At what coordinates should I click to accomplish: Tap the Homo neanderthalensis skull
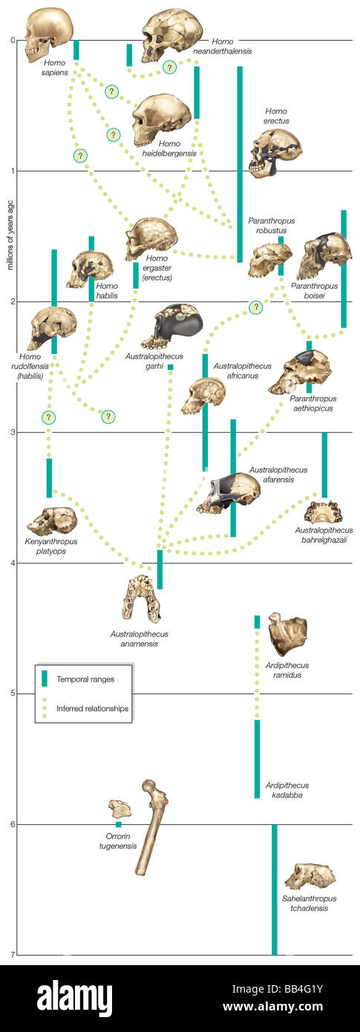171,34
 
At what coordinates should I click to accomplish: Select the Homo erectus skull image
275,152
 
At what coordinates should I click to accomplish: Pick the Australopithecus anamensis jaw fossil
141,598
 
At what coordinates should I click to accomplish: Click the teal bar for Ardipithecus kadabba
257,758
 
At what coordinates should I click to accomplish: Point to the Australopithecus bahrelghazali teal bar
324,465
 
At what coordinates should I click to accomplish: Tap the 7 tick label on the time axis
12,955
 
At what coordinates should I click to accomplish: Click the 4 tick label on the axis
12,563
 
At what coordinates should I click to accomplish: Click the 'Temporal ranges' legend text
85,678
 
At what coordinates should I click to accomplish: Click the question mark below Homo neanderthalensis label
169,68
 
